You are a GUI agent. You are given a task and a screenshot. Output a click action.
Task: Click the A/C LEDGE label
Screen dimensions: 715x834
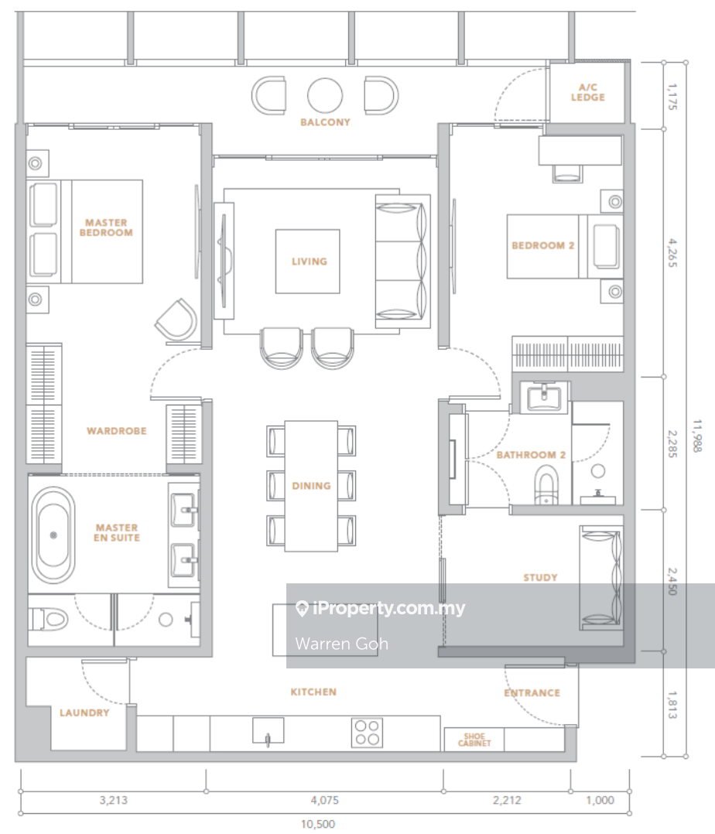587,92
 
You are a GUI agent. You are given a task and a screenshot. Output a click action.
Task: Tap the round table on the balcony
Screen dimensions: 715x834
324,96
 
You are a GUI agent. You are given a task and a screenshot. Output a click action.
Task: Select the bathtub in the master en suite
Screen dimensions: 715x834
53,535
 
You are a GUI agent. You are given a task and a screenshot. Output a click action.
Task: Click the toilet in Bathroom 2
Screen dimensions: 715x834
546,485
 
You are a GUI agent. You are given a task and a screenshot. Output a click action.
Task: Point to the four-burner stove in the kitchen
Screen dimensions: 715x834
367,733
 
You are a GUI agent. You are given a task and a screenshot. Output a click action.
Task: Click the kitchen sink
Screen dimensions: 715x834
268,731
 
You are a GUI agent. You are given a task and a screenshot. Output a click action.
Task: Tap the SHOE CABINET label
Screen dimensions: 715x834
474,740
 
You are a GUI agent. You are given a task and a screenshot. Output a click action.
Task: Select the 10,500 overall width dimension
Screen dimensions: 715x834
318,824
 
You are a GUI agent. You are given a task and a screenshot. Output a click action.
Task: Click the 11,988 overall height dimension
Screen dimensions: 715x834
697,436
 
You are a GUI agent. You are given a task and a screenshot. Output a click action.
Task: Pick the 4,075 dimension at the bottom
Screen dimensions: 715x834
324,800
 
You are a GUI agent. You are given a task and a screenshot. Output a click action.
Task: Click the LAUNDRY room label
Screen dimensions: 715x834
84,713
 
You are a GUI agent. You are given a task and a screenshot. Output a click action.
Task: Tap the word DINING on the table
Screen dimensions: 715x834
311,486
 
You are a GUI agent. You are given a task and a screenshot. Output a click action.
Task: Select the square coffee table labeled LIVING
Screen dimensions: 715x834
307,261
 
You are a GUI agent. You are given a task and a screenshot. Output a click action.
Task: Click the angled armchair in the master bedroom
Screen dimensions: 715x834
176,320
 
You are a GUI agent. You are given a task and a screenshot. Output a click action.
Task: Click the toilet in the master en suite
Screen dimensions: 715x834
49,619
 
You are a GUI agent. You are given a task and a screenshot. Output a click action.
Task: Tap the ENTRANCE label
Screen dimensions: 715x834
532,692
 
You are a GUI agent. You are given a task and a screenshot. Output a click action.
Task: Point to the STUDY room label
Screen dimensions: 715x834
540,577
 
